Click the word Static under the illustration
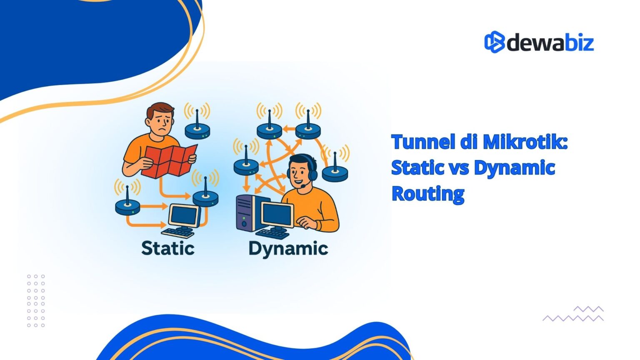[168, 248]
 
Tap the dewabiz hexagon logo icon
[494, 42]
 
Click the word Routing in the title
[428, 194]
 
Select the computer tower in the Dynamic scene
[247, 213]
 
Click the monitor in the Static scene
[184, 215]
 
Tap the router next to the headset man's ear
[335, 171]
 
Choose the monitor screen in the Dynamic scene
[277, 214]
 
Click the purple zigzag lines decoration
[573, 314]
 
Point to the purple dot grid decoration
[36, 300]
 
